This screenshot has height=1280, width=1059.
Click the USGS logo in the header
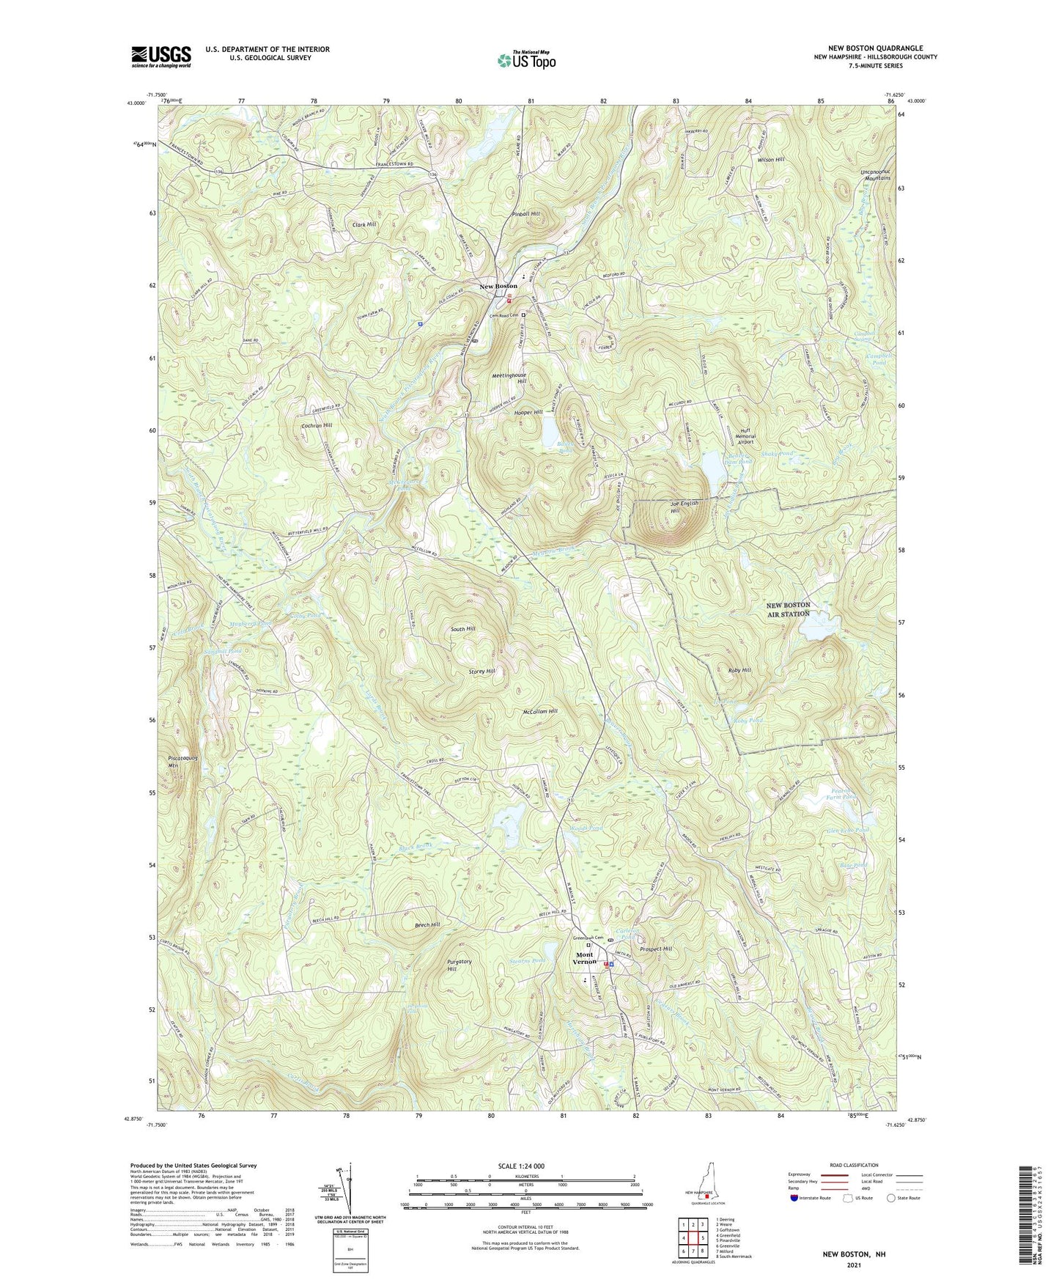(160, 56)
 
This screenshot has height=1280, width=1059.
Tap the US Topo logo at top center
(525, 61)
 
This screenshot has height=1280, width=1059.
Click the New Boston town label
(498, 286)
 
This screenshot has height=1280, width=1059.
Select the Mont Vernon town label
(584, 958)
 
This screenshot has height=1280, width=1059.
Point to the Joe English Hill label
(685, 507)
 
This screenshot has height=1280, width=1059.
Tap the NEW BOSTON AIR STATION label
(789, 609)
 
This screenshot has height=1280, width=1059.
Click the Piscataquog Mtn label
(174, 762)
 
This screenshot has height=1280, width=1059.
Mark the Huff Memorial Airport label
(745, 436)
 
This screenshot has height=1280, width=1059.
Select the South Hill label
(462, 629)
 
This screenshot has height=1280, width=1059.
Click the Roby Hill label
(739, 670)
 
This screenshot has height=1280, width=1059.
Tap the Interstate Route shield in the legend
(794, 1198)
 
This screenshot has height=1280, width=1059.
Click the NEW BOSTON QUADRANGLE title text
(875, 48)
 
